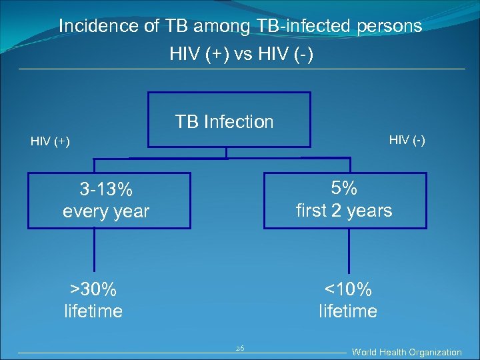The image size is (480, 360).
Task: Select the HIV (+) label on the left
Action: pos(50,141)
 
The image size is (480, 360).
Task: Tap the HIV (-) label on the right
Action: pos(407,139)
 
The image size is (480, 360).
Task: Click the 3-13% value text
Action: pos(106,190)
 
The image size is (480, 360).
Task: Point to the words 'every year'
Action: pos(106,212)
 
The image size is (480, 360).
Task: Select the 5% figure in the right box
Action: pos(344,188)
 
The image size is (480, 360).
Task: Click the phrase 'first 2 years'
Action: pos(344,211)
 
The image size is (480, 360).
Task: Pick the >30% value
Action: pos(93,289)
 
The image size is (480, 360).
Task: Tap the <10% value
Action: pos(347,289)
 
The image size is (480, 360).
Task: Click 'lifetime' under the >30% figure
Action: pos(93,311)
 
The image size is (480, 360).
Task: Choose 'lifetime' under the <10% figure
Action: pos(347,311)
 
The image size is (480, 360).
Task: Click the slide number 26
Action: pos(240,349)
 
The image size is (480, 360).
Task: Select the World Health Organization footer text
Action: pos(407,352)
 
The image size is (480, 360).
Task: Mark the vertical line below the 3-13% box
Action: pos(95,253)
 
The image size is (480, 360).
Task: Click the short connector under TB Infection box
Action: pos(227,153)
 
